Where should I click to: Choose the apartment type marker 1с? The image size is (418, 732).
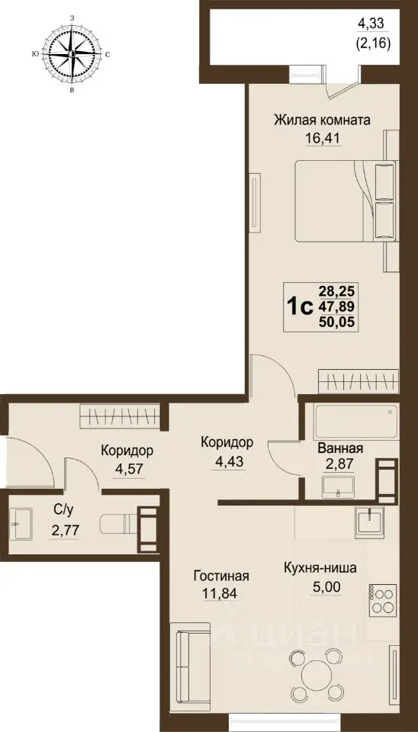[x=300, y=306]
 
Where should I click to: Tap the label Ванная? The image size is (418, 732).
[x=339, y=449]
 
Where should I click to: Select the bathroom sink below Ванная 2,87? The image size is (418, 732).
[x=338, y=485]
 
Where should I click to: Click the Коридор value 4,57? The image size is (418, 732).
[x=127, y=469]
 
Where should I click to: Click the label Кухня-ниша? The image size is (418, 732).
[x=320, y=568]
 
